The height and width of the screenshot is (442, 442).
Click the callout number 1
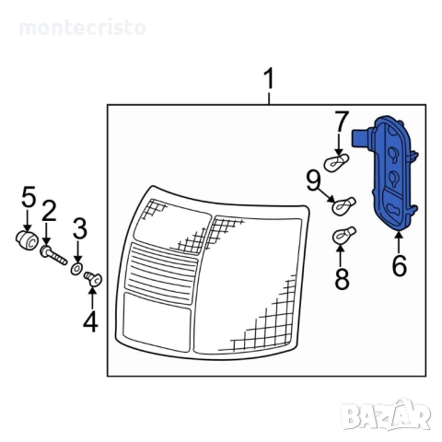pyautogui.click(x=269, y=78)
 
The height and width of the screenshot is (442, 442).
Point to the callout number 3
pyautogui.click(x=80, y=228)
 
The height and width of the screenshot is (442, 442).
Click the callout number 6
pyautogui.click(x=400, y=265)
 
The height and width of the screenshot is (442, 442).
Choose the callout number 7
pyautogui.click(x=342, y=121)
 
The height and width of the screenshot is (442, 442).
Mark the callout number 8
pyautogui.click(x=342, y=278)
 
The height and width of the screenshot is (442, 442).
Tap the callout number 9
pyautogui.click(x=313, y=180)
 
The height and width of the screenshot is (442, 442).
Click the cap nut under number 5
pyautogui.click(x=27, y=240)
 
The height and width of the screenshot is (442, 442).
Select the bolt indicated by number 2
pyautogui.click(x=53, y=255)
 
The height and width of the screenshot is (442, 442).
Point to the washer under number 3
pyautogui.click(x=76, y=269)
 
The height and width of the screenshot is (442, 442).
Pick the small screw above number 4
pyautogui.click(x=93, y=278)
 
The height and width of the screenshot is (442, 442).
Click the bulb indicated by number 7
pyautogui.click(x=336, y=162)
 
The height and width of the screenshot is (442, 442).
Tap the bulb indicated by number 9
pyautogui.click(x=343, y=205)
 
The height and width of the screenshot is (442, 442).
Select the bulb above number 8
pyautogui.click(x=344, y=236)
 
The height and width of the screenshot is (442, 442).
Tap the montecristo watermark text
pyautogui.click(x=83, y=28)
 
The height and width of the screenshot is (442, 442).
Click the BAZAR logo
pyautogui.click(x=386, y=414)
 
